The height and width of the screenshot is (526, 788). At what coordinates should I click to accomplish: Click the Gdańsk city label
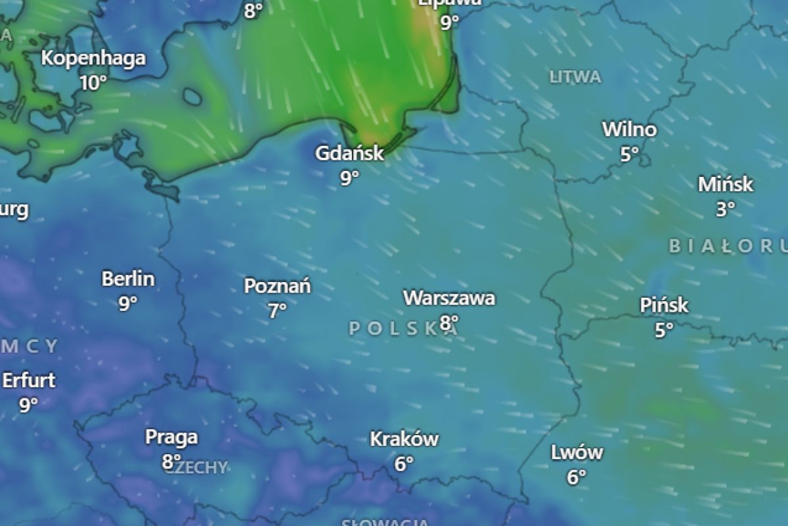[x=349, y=154]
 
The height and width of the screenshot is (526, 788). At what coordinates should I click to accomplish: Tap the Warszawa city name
[x=449, y=299]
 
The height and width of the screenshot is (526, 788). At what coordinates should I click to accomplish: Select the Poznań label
[x=277, y=287]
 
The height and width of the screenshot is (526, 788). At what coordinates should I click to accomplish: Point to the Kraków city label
[x=404, y=439]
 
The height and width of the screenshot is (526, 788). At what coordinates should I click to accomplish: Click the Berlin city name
[x=128, y=279]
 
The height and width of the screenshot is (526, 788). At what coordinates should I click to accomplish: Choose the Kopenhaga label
[x=93, y=59]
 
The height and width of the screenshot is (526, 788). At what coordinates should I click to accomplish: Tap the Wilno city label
[x=629, y=130]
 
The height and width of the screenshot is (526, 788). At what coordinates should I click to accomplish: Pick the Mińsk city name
[x=725, y=185]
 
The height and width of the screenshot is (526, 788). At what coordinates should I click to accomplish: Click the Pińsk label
[x=664, y=306]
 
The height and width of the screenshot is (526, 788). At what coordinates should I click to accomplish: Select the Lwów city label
[x=577, y=452]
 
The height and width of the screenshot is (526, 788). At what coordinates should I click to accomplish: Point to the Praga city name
[x=171, y=437]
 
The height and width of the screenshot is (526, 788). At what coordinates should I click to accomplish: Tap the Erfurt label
[x=29, y=381]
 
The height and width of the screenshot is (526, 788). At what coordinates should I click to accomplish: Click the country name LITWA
[x=575, y=78]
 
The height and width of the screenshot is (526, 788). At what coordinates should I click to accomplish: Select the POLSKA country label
[x=402, y=329]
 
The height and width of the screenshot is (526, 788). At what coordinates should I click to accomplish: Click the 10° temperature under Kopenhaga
[x=93, y=83]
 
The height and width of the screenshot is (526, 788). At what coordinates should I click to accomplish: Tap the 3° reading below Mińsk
[x=725, y=209]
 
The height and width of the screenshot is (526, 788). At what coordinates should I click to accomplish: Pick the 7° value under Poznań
[x=277, y=310]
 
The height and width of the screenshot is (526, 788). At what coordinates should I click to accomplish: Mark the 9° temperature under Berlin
[x=128, y=303]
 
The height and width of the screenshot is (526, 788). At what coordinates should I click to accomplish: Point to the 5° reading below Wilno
[x=629, y=154]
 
